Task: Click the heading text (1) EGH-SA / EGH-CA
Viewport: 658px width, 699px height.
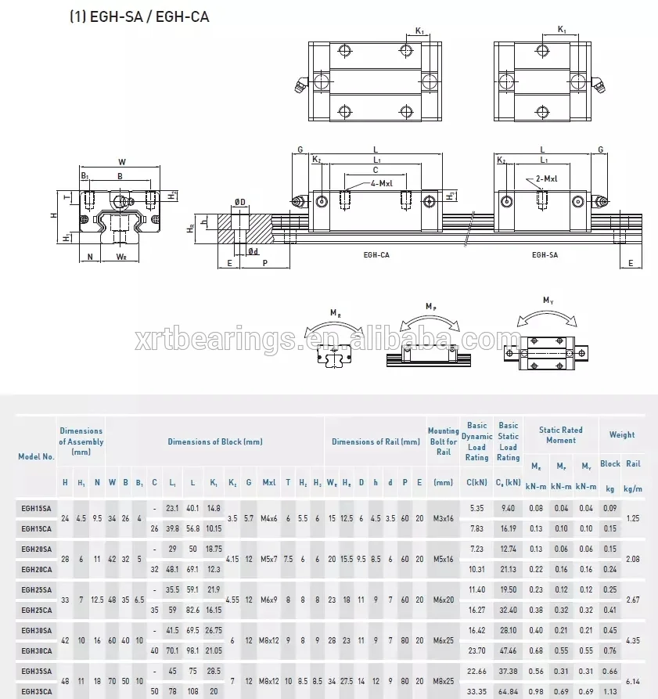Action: (140, 16)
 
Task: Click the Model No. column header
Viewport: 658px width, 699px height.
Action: (37, 456)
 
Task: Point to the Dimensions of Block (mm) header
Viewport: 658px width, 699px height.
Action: (215, 441)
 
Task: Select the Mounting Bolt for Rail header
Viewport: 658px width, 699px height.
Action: (443, 441)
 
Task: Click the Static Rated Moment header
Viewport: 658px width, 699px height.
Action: (560, 434)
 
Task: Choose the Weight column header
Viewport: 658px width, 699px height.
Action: (622, 434)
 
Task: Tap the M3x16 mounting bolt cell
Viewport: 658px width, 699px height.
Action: (443, 518)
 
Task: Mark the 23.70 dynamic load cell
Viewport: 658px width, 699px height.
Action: (476, 650)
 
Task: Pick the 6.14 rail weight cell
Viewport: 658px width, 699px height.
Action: (633, 681)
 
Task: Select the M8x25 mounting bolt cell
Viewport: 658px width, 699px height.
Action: (443, 681)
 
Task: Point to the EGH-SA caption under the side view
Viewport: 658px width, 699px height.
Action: (545, 254)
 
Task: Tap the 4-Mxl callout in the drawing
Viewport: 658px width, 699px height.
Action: (381, 183)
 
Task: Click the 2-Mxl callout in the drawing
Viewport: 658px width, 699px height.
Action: (547, 179)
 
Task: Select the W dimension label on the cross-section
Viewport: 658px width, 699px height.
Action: (122, 162)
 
